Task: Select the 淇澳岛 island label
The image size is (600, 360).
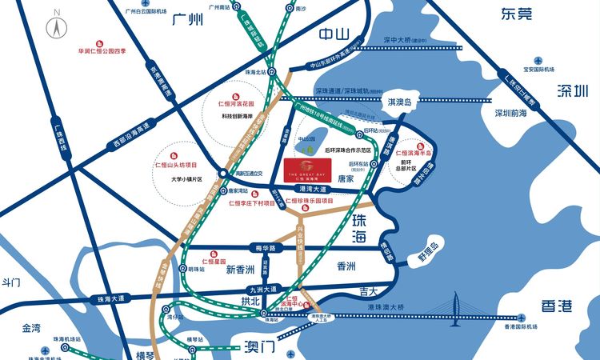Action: [x=398, y=102]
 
